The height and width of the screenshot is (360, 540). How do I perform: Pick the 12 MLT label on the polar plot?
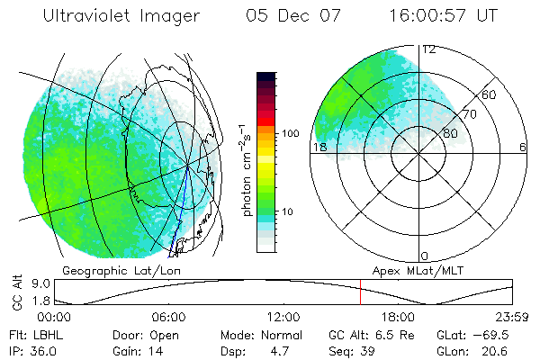pos(429,49)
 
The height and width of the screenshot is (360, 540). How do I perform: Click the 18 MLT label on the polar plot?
pos(318,147)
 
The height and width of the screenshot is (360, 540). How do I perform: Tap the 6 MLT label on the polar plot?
pos(523,147)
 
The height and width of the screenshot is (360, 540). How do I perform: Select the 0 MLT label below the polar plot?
pos(425,256)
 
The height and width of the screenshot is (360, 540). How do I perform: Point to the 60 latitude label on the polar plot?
pos(490,94)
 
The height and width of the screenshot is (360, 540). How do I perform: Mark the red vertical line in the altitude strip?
pos(360,292)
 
